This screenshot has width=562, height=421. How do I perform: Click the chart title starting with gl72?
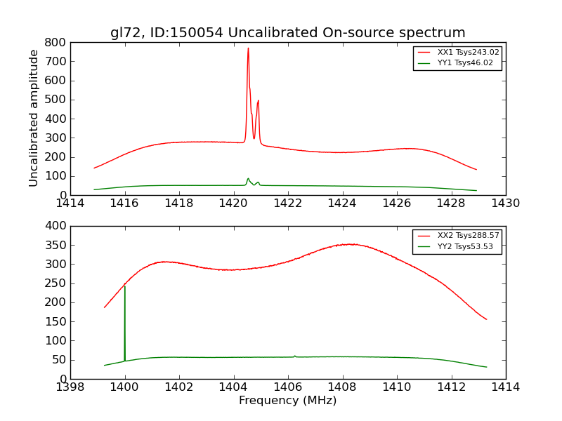coord(287,33)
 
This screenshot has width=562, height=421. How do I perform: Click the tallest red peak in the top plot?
coord(248,48)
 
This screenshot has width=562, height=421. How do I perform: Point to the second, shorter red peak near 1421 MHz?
coord(259,101)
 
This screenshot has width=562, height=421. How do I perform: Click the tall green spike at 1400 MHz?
coord(125,287)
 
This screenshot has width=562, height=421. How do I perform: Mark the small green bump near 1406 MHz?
coord(295,356)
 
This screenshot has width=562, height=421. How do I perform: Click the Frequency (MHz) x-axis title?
coord(287,401)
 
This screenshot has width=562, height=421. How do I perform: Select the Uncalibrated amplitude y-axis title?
coord(34,118)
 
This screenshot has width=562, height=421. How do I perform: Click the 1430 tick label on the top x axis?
coord(505,203)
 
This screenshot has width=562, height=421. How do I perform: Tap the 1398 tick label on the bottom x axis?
coord(70,387)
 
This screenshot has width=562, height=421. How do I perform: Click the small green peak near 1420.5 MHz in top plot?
coord(248,178)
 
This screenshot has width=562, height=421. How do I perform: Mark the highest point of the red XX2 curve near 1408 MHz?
coord(351,244)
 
